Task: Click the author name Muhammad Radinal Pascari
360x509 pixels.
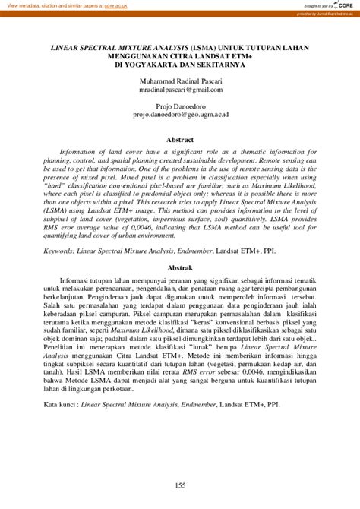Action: pyautogui.click(x=180, y=81)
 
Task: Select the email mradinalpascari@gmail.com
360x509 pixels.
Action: pyautogui.click(x=180, y=90)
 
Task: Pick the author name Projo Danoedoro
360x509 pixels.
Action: pyautogui.click(x=180, y=108)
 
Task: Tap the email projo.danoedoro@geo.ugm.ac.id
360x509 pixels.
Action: pyautogui.click(x=180, y=117)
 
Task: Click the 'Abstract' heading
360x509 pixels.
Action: pyautogui.click(x=180, y=140)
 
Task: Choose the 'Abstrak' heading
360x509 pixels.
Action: pyautogui.click(x=180, y=268)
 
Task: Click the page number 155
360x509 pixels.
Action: pyautogui.click(x=180, y=486)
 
